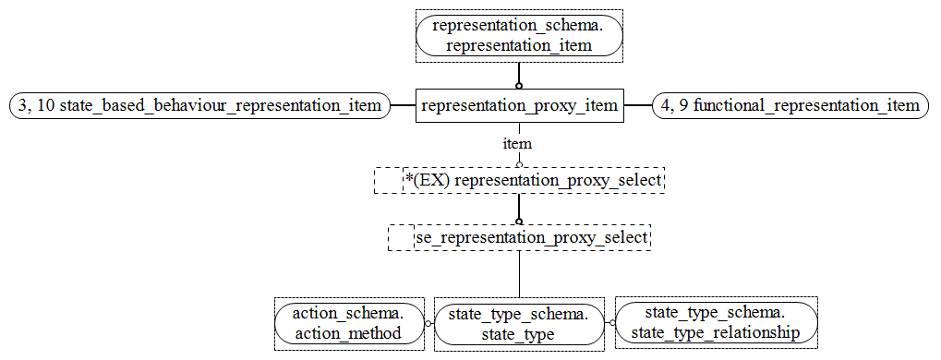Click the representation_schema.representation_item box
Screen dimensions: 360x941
(x=519, y=36)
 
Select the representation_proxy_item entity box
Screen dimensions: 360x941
(x=519, y=106)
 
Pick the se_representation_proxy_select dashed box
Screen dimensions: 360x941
(x=519, y=238)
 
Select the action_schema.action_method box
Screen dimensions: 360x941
(x=348, y=324)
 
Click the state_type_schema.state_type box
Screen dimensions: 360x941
(x=518, y=324)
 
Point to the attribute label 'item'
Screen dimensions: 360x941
(x=517, y=144)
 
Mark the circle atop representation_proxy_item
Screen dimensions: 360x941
(x=519, y=85)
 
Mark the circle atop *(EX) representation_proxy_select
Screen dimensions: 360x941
(x=519, y=163)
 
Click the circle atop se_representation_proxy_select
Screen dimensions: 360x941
(x=519, y=222)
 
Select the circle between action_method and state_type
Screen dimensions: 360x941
(x=428, y=324)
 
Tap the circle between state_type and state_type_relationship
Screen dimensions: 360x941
(x=610, y=323)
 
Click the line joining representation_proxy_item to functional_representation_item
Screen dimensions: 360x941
(x=637, y=106)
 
